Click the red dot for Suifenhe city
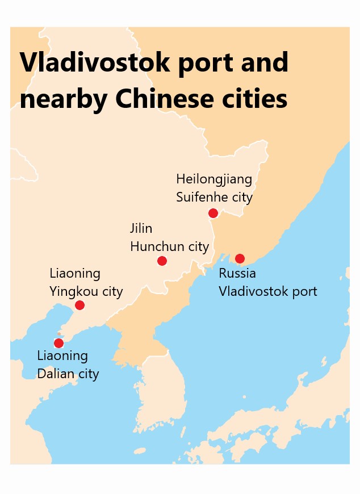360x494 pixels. [213, 213]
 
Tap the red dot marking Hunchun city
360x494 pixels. [162, 261]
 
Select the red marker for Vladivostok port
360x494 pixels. [240, 258]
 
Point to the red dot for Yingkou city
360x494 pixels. [79, 305]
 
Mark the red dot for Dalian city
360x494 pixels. [58, 343]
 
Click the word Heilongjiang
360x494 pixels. [214, 179]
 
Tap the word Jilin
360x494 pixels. [141, 228]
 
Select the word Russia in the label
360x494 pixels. [237, 273]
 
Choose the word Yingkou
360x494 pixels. [74, 292]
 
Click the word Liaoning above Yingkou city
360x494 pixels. [75, 274]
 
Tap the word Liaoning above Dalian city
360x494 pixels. [62, 356]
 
